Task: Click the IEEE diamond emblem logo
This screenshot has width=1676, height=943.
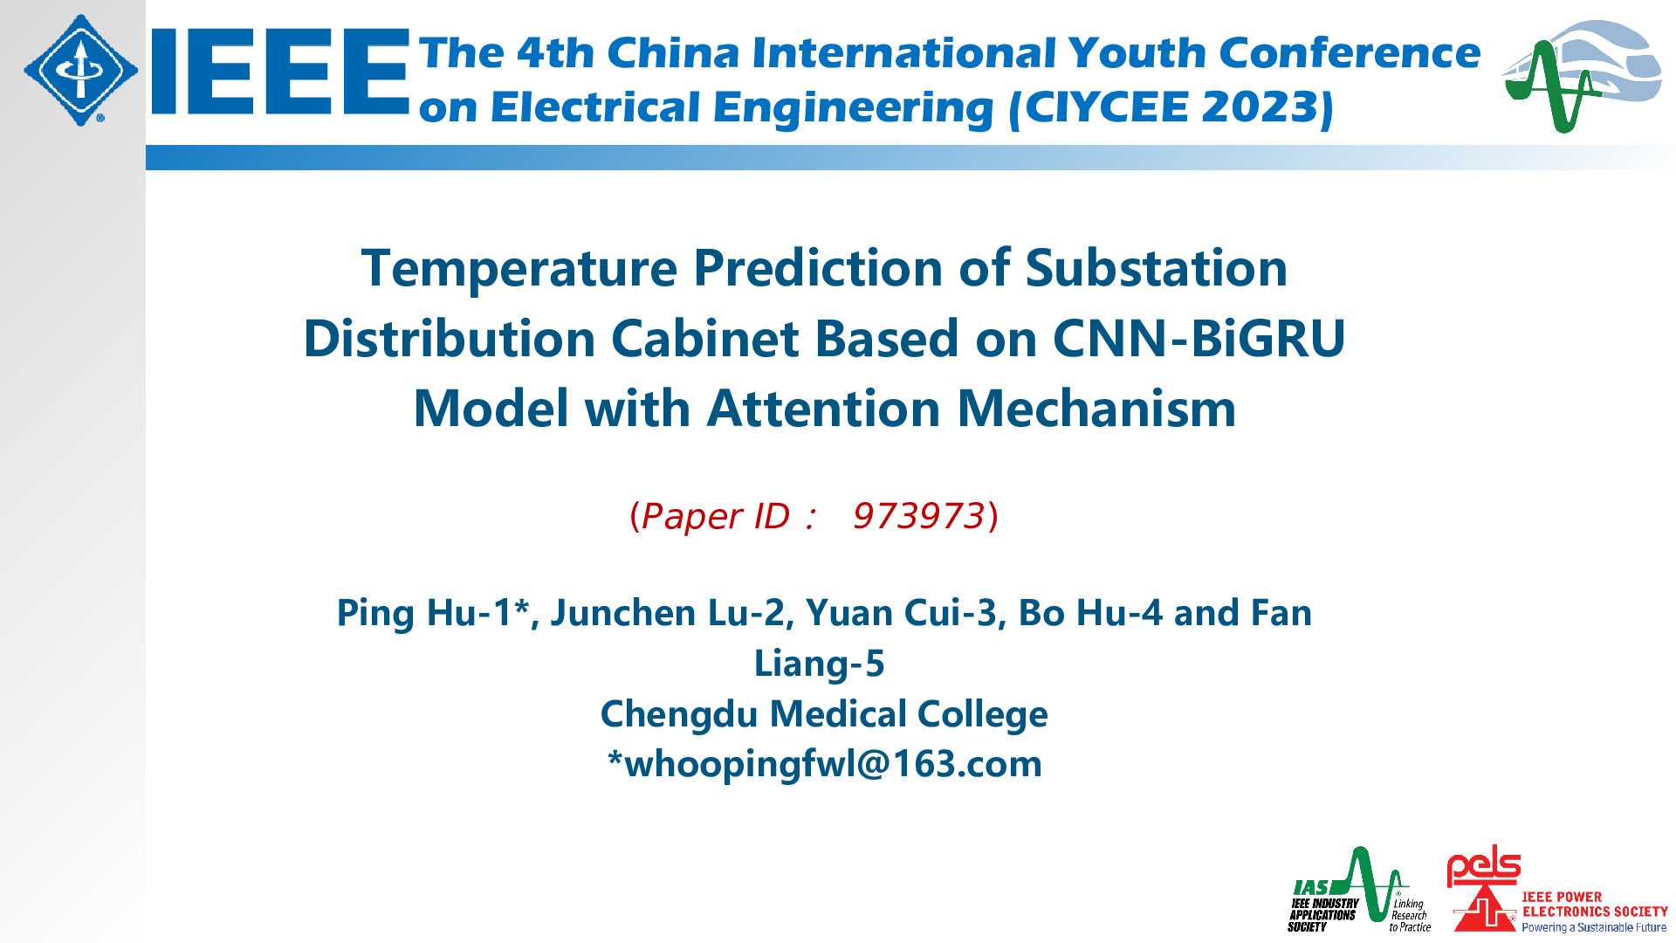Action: [x=81, y=70]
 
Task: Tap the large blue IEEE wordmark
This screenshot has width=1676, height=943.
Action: [x=280, y=71]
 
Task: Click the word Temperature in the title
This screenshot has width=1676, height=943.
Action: [x=519, y=269]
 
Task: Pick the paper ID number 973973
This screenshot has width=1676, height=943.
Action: [x=918, y=516]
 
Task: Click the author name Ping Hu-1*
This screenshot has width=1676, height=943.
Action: [x=434, y=614]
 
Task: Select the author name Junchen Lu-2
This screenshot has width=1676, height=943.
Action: [x=669, y=613]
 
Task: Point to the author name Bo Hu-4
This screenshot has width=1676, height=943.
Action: [x=1091, y=613]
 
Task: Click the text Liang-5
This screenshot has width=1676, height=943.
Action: [x=820, y=664]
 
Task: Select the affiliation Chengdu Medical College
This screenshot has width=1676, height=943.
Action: [x=824, y=715]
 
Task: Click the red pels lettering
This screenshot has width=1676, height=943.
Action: [x=1483, y=866]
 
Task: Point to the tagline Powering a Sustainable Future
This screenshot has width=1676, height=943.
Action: [x=1594, y=927]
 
